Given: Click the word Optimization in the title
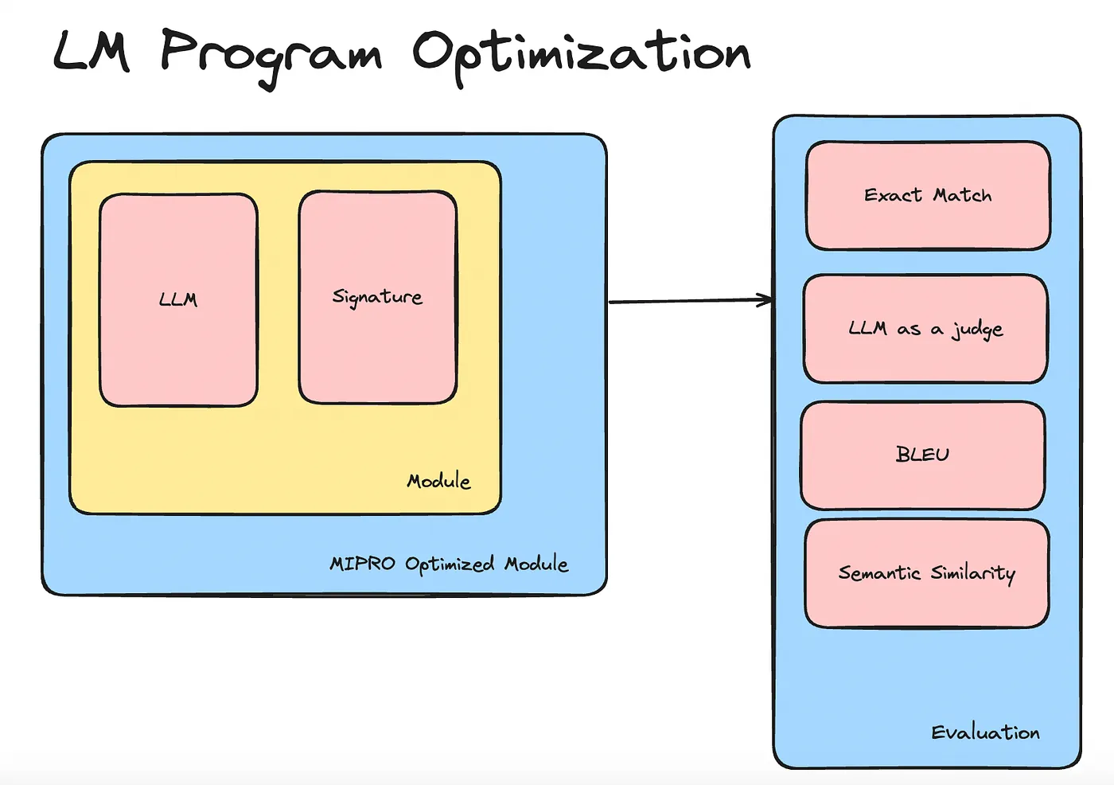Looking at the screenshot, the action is click(582, 57).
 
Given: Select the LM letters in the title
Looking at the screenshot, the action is click(92, 52).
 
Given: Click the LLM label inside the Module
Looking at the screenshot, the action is click(178, 299).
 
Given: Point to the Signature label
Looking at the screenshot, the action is click(377, 297).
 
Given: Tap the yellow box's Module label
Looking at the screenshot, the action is click(438, 481).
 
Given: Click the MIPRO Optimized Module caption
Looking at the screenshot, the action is click(449, 564).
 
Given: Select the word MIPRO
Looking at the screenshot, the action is click(362, 564).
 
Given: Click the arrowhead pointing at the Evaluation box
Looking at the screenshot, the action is click(765, 300).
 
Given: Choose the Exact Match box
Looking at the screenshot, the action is click(928, 196).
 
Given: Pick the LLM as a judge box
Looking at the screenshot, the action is click(925, 329).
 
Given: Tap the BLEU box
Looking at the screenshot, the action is click(922, 455).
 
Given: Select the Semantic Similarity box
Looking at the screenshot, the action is click(927, 573).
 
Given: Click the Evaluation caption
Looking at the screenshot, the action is click(985, 732).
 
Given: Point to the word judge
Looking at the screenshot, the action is click(977, 330).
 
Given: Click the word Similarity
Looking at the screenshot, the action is click(972, 574).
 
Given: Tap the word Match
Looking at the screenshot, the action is click(962, 195).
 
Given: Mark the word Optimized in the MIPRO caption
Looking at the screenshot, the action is click(450, 564).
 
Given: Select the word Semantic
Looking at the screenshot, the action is click(879, 572).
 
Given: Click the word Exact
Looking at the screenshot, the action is click(893, 195).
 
